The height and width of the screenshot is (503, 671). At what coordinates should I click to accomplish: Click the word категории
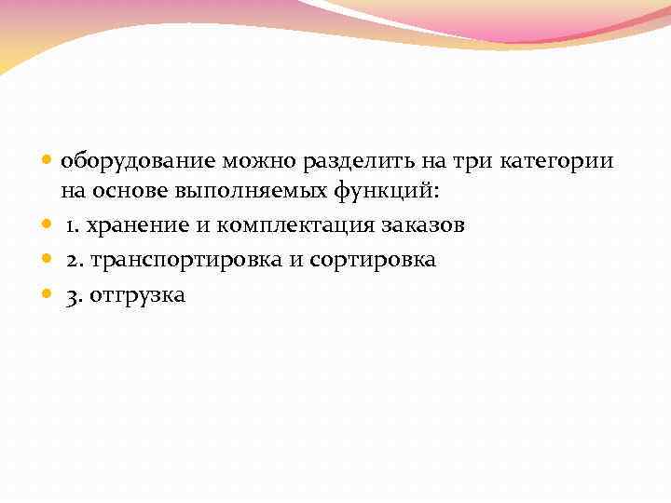click(555, 161)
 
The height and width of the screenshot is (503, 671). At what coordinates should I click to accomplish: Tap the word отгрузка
click(137, 296)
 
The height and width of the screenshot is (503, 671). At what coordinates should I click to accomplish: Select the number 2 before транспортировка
click(72, 261)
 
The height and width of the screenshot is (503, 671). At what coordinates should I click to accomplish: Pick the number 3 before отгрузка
click(72, 296)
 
